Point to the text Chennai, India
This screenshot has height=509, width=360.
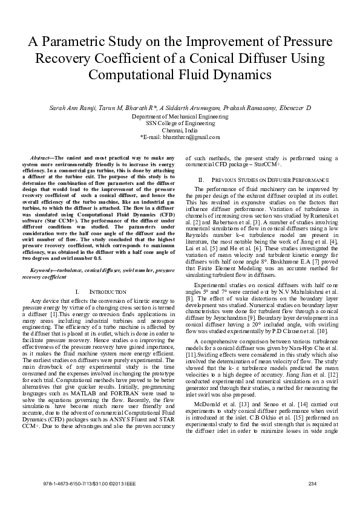pyautogui.click(x=180, y=130)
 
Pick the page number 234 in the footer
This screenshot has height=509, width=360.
pyautogui.click(x=313, y=483)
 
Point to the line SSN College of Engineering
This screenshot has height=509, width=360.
pyautogui.click(x=180, y=123)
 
